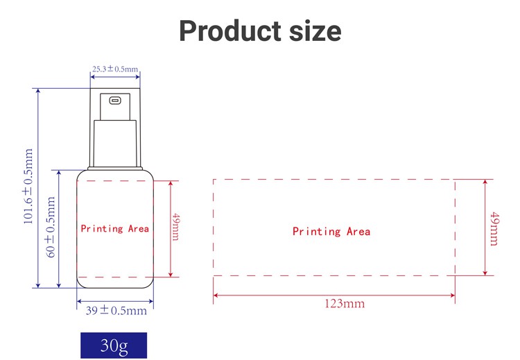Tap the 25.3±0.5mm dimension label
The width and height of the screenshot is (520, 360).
point(115,69)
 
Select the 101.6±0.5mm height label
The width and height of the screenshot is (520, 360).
point(28,186)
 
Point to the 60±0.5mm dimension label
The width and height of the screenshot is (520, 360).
point(51,227)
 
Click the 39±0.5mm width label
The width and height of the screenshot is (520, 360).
point(116,311)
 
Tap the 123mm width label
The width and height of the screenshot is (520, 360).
point(344,304)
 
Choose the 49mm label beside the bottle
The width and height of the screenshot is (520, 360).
point(176,227)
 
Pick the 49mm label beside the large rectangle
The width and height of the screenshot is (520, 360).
point(494,228)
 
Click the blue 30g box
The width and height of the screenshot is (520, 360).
point(114,345)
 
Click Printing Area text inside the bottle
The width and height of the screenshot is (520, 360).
point(114,229)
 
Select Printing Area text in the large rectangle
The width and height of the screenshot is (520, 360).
point(331,231)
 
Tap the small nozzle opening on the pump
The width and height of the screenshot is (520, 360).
point(115,100)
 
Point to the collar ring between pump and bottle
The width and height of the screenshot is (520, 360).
point(115,169)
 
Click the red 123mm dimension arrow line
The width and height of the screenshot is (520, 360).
point(334,295)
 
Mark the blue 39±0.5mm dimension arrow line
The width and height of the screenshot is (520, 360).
point(115,302)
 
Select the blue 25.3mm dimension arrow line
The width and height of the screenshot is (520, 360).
point(115,77)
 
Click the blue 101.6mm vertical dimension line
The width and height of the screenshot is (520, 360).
point(38,188)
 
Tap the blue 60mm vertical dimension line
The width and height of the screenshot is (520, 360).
point(59,229)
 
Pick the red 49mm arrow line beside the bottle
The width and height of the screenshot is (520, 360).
point(171,229)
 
